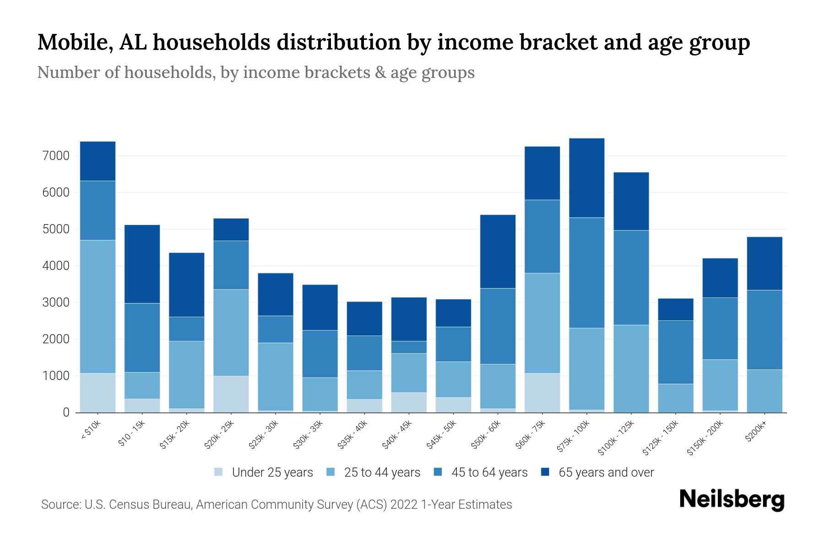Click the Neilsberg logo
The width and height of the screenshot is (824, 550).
[732, 500]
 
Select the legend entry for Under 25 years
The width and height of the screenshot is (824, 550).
[272, 473]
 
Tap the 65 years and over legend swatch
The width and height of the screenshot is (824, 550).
[545, 472]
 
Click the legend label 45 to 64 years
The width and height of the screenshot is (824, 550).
[489, 473]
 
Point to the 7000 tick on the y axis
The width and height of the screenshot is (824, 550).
[56, 156]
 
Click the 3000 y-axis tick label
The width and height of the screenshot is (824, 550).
[56, 302]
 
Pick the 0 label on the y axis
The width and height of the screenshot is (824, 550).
[66, 412]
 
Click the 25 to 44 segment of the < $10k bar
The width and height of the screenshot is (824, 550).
[98, 306]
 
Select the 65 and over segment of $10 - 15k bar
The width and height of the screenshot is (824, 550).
[142, 264]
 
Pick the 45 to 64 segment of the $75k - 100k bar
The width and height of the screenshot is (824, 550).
[586, 272]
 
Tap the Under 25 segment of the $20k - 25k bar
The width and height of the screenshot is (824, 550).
[231, 394]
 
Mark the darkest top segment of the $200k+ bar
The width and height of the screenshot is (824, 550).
[764, 263]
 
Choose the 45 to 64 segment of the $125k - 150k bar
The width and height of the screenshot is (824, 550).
[675, 352]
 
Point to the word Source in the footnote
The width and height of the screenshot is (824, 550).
[60, 505]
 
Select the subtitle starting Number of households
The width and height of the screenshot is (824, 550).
[255, 72]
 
